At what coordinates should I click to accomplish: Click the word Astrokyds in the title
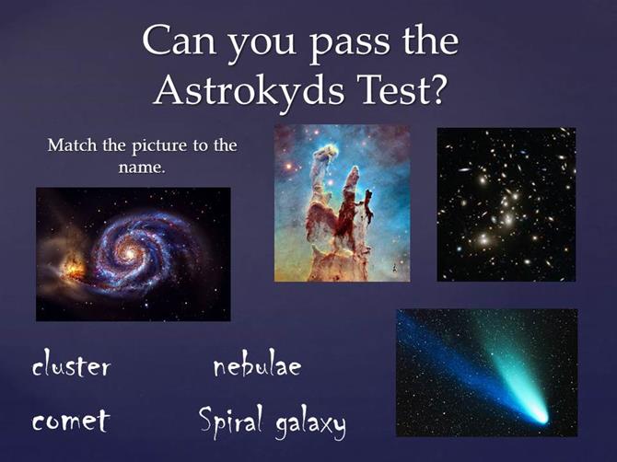point(249,91)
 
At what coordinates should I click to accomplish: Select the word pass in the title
point(349,43)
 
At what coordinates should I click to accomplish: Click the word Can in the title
point(180,40)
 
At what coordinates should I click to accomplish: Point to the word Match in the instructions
point(72,145)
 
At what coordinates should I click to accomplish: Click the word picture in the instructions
point(159,146)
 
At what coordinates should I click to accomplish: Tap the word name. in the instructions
point(141,167)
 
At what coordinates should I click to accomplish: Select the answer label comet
point(70,421)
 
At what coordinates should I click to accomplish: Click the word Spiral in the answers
point(230,420)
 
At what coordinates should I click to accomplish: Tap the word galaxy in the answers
point(310,424)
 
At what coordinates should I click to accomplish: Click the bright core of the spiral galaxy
point(129,254)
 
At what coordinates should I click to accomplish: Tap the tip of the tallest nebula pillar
point(328,148)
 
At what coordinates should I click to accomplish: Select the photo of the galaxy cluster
point(506,204)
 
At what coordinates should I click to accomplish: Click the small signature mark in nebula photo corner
point(393,268)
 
